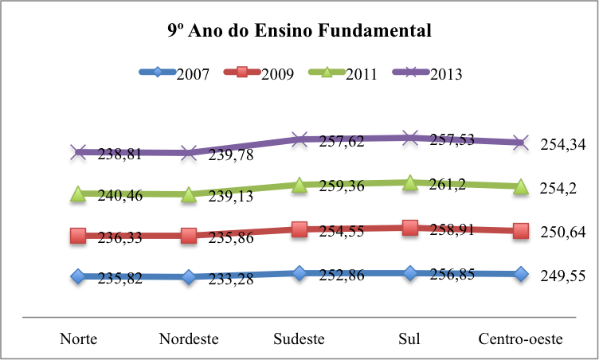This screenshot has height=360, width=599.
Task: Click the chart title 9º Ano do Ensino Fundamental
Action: tap(299, 32)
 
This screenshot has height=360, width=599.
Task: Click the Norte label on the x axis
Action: tap(79, 338)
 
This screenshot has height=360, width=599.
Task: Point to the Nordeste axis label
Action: tap(189, 338)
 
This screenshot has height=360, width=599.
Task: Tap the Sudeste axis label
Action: tap(299, 338)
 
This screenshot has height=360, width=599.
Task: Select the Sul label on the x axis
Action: tap(409, 338)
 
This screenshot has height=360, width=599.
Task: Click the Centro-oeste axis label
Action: tap(521, 338)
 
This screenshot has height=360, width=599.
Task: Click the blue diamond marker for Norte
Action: tap(78, 276)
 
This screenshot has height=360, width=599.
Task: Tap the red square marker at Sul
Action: tap(410, 228)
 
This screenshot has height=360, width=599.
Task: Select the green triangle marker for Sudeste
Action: tap(299, 185)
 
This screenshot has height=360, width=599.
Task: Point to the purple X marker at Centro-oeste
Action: tap(521, 143)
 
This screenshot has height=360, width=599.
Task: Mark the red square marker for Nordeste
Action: tap(189, 236)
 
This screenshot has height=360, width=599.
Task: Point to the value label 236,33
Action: tap(120, 237)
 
